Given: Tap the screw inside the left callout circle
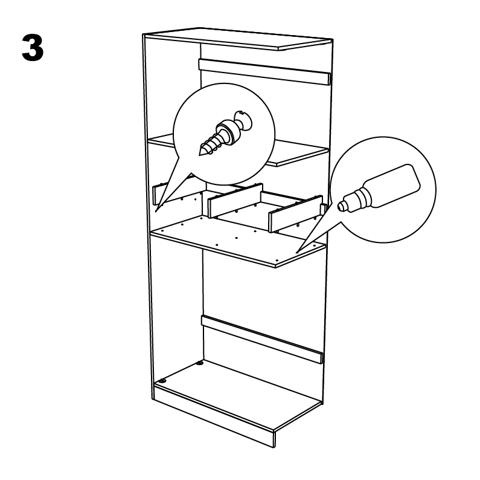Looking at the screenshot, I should pyautogui.click(x=220, y=134).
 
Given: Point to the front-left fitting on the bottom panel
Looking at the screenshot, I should pyautogui.click(x=161, y=381).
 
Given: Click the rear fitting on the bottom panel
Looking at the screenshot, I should pyautogui.click(x=200, y=365).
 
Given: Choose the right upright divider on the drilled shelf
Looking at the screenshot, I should pyautogui.click(x=295, y=212).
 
